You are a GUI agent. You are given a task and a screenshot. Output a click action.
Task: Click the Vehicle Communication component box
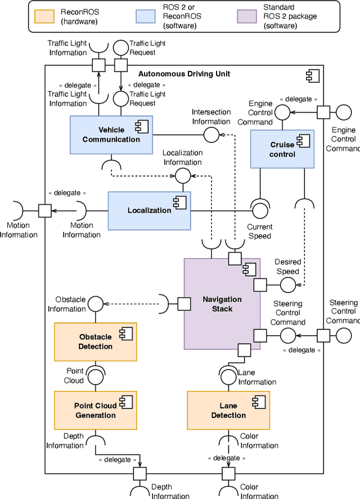pos(111,135)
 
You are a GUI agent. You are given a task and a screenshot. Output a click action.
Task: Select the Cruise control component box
pos(282,149)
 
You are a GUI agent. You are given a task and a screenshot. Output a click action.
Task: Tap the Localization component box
pos(149,210)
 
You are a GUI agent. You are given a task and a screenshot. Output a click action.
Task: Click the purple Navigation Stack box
pos(222,304)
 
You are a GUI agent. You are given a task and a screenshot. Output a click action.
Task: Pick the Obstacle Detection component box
pos(95,341)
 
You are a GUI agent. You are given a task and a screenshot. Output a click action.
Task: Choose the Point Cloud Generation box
pos(95,410)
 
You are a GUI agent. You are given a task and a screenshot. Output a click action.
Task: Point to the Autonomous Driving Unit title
pos(184,74)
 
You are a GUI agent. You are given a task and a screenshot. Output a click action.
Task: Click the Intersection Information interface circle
pos(211,134)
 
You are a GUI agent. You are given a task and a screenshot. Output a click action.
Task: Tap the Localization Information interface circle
pos(183,176)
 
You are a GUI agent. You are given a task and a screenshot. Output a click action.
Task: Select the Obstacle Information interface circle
pos(96,304)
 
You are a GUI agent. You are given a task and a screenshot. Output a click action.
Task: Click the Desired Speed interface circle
pos(287,285)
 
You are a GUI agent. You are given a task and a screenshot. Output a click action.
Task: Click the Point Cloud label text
pos(75,376)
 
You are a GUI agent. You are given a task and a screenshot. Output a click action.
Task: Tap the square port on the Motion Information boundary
pos(45,210)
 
